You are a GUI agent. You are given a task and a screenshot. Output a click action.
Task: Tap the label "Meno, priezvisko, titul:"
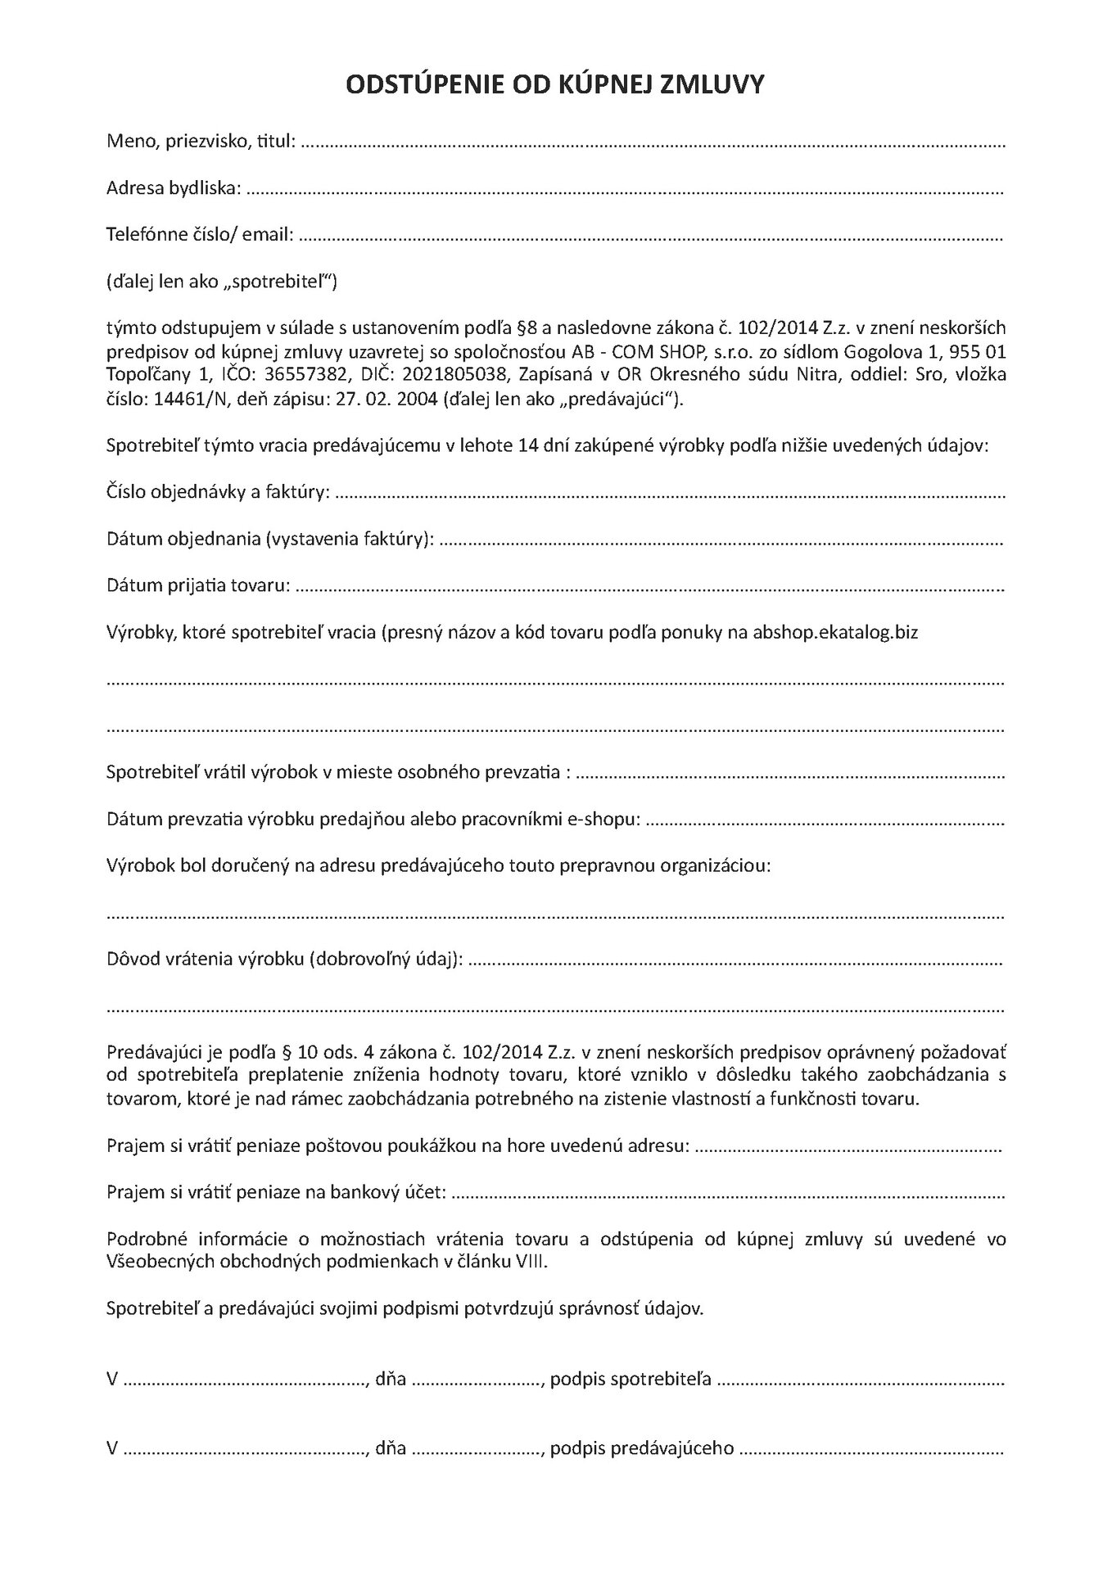[x=201, y=142]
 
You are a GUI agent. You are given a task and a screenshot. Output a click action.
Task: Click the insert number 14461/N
[x=188, y=400]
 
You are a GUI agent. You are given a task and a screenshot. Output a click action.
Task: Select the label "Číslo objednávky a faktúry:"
[x=219, y=493]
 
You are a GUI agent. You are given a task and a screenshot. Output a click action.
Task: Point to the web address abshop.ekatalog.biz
[x=834, y=633]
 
